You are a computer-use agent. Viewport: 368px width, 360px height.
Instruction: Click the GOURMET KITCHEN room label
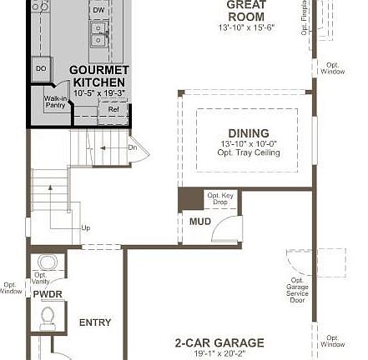(x=99, y=76)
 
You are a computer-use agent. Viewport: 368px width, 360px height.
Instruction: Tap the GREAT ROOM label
(x=246, y=11)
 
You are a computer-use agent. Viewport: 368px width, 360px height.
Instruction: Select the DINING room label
(x=248, y=133)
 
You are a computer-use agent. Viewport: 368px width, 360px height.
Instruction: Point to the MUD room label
(x=200, y=222)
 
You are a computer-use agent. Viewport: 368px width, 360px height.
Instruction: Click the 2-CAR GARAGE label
(x=219, y=342)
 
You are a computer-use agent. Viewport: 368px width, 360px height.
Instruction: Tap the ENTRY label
(x=95, y=322)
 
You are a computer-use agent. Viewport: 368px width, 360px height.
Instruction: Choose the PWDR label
(x=48, y=294)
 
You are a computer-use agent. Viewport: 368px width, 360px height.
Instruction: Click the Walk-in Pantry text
(x=55, y=102)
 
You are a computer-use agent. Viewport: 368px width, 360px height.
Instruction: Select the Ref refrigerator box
(x=113, y=109)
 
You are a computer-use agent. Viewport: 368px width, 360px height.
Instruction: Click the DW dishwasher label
(x=98, y=10)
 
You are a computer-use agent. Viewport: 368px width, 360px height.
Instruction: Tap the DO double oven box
(x=40, y=69)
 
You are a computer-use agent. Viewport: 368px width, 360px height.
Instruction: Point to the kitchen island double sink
(x=98, y=33)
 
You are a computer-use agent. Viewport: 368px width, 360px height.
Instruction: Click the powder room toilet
(x=48, y=317)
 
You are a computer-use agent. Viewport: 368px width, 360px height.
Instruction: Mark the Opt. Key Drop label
(x=220, y=198)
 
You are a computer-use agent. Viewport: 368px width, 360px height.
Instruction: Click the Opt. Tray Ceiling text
(x=250, y=152)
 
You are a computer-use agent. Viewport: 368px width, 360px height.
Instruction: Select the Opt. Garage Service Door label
(x=297, y=289)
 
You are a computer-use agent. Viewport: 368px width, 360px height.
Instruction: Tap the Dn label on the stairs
(x=132, y=147)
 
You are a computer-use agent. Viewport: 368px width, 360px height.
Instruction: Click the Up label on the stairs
(x=85, y=227)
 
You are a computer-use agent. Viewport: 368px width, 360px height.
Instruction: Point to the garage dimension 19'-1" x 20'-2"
(x=219, y=353)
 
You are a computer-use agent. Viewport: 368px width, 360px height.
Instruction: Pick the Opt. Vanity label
(x=40, y=277)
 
